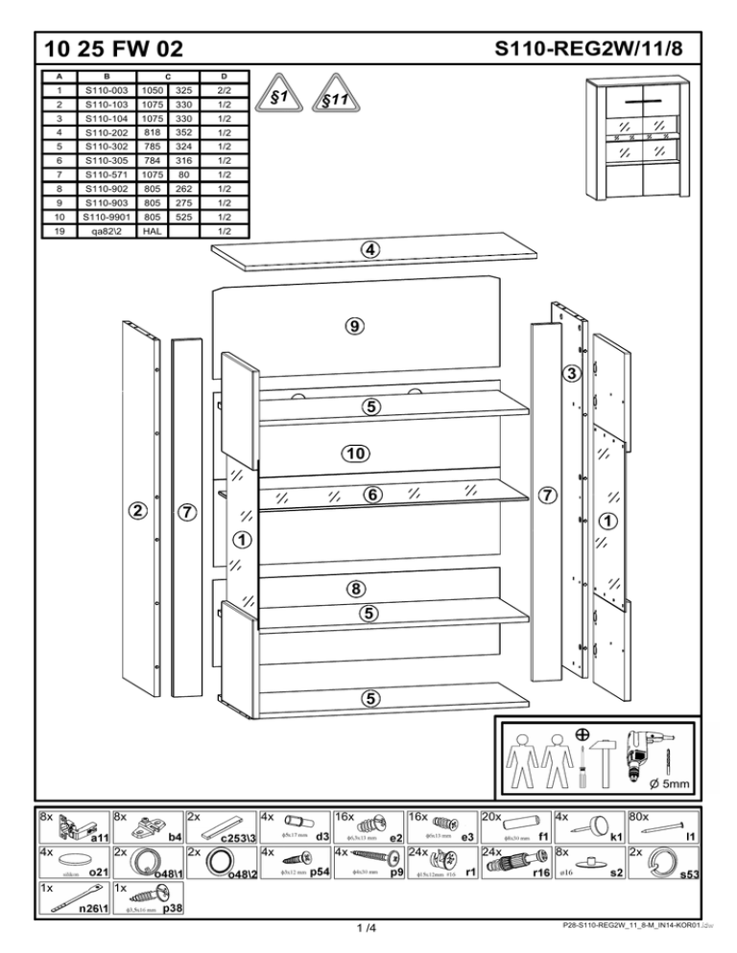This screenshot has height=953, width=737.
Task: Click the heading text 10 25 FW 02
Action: (107, 47)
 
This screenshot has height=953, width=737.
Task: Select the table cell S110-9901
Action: (107, 218)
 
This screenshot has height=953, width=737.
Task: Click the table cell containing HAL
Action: (151, 231)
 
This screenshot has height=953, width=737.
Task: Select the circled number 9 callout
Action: (354, 326)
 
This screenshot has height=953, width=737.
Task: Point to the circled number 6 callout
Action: (370, 495)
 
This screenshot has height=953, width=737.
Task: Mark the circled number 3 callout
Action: (570, 373)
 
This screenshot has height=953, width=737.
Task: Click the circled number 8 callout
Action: (354, 588)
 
